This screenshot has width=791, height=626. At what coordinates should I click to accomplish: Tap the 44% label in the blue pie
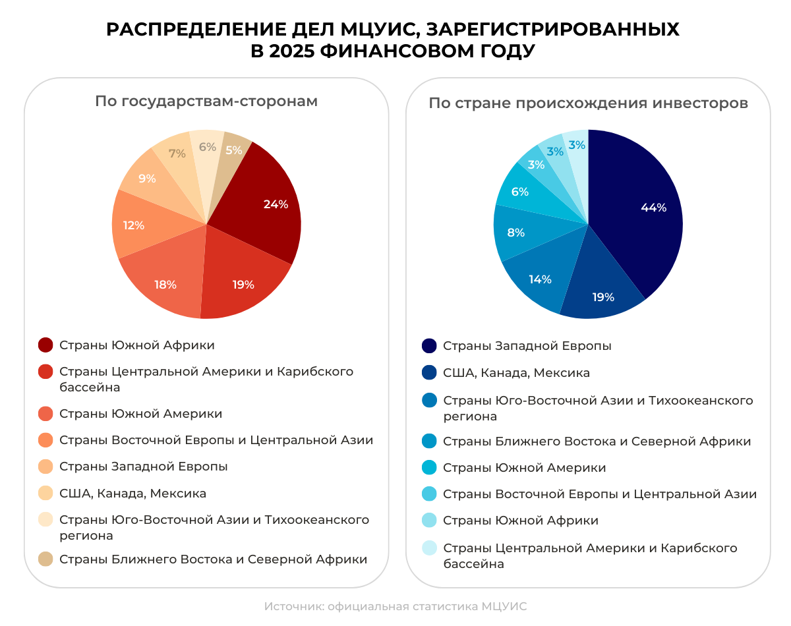coord(653,208)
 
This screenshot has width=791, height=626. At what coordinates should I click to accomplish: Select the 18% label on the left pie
coord(165,285)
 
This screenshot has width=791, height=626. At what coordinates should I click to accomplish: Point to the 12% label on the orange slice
coord(133,225)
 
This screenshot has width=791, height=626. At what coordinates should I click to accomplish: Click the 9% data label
coord(147,179)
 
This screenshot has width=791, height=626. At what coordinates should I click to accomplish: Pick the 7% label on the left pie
coord(177,154)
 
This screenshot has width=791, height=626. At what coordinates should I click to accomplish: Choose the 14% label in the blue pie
coord(540,279)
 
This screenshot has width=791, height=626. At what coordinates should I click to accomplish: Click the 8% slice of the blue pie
coord(516,233)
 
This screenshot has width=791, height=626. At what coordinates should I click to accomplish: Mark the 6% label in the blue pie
coord(520,192)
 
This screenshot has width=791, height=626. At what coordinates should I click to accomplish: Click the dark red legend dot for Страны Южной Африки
coord(45,345)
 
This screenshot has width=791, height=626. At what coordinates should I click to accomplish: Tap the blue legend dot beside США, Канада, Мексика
coord(429,373)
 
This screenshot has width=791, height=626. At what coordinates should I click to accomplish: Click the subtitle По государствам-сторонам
coord(206,101)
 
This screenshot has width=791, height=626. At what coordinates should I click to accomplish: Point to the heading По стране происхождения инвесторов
coord(588,103)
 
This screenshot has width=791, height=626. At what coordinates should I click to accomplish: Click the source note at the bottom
coord(395,606)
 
